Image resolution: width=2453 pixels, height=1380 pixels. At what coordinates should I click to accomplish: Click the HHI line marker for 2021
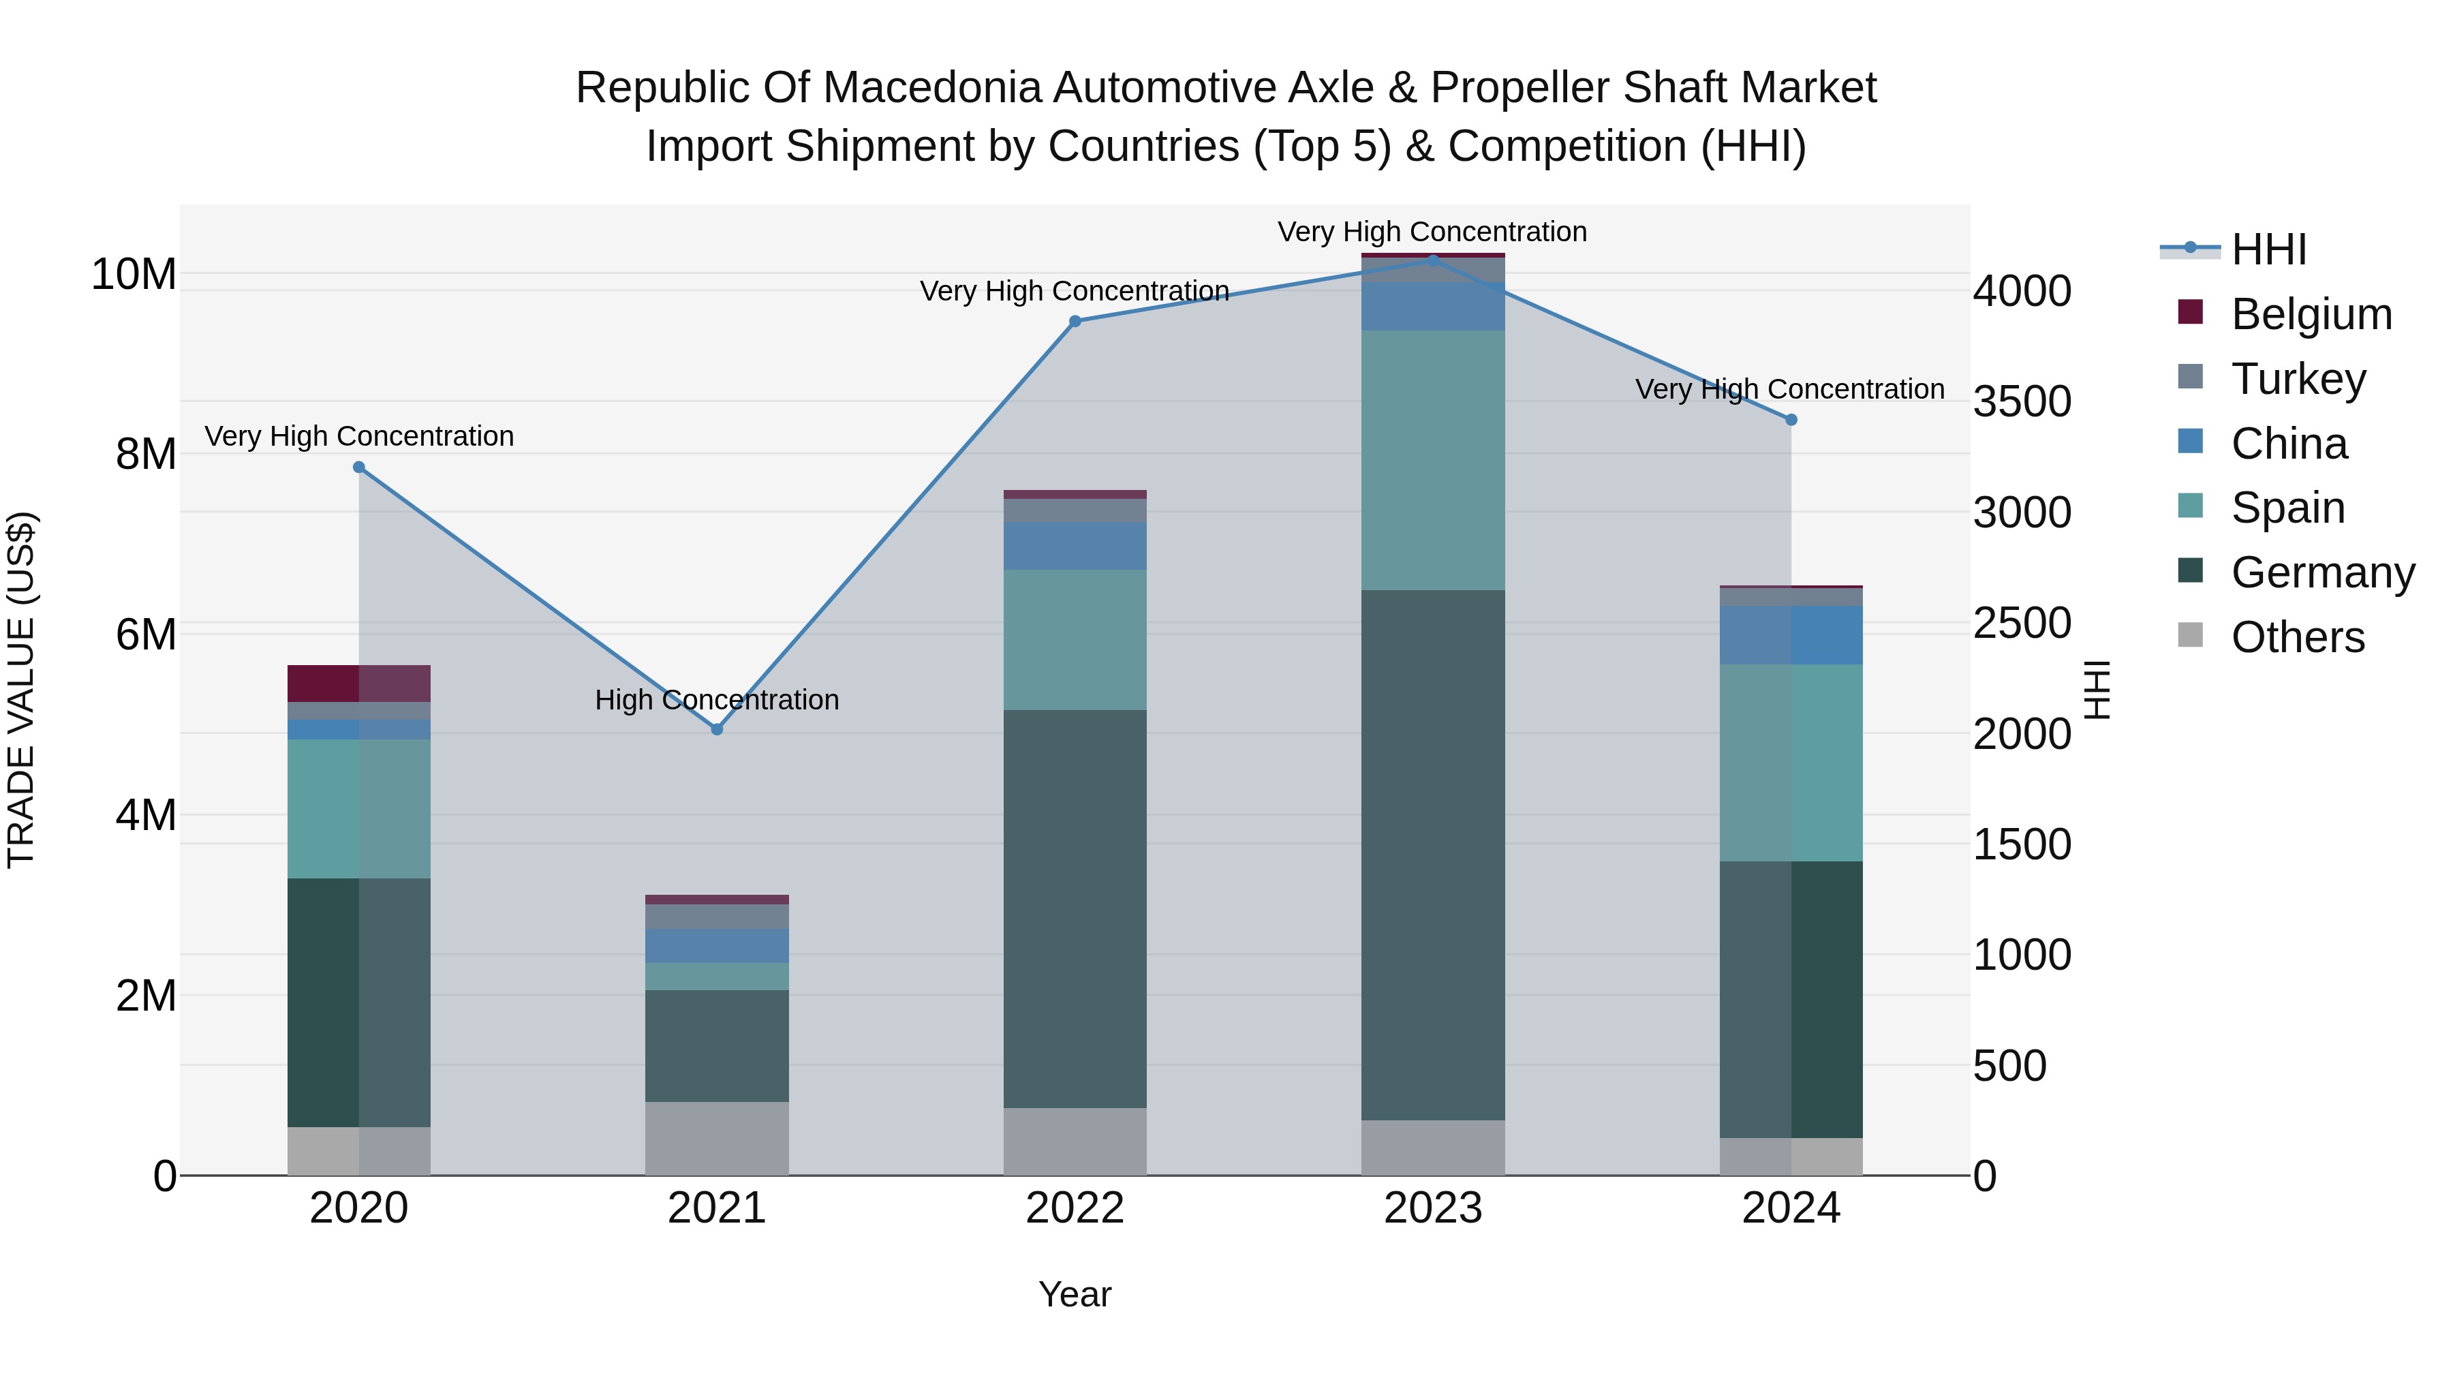click(717, 729)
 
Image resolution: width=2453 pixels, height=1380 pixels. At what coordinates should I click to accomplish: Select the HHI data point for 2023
click(1433, 260)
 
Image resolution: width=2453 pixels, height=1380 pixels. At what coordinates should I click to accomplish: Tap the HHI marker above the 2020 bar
click(359, 467)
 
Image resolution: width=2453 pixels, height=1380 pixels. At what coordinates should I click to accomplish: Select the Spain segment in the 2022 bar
click(1075, 639)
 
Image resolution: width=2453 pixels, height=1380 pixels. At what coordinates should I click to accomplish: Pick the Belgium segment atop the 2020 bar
click(359, 683)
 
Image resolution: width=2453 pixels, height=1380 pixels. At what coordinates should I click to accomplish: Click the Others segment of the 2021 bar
click(717, 1138)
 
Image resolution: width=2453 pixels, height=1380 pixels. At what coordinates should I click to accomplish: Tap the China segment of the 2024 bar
click(1791, 634)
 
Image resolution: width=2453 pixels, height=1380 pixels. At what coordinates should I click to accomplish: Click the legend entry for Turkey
click(2298, 379)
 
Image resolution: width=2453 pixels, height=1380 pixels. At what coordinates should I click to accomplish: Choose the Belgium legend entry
click(2311, 314)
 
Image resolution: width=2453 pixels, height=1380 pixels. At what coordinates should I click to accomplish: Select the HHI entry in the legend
click(2268, 249)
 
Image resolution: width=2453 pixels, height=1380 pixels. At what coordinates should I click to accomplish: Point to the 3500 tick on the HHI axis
click(2022, 401)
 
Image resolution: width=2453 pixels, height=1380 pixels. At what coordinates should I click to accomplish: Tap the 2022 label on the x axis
click(1075, 1208)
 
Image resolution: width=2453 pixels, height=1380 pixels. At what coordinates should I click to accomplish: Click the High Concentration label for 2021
click(717, 700)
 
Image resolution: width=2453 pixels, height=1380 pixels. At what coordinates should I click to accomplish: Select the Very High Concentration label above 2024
click(1789, 390)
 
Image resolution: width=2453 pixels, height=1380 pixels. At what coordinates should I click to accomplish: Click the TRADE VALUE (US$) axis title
click(21, 690)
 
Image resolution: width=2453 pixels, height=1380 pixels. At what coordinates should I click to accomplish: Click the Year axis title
click(1075, 1294)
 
